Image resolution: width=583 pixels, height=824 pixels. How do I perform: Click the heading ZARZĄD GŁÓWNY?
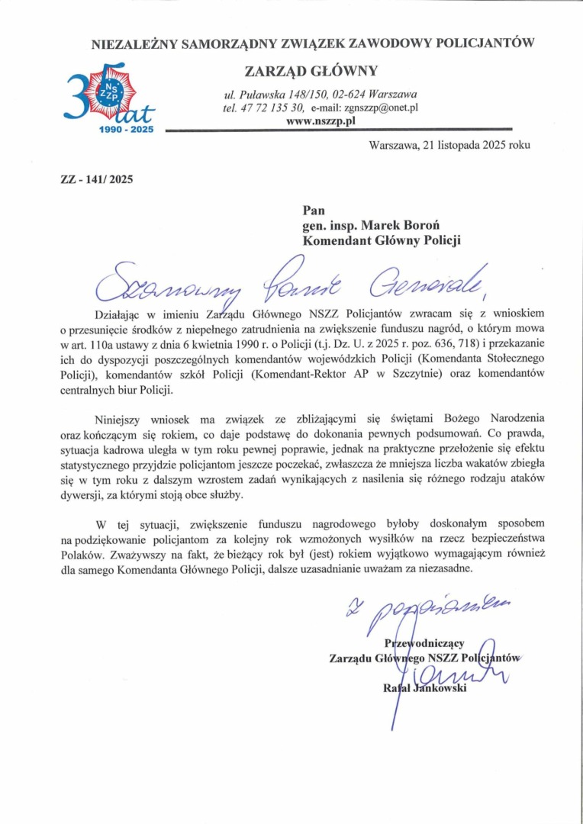tap(311, 71)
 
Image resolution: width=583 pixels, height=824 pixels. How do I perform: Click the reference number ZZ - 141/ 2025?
tap(91, 180)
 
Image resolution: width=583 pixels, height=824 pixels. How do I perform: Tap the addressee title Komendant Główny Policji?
tap(382, 240)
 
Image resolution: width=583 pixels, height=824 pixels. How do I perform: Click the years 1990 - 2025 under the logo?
tap(127, 130)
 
